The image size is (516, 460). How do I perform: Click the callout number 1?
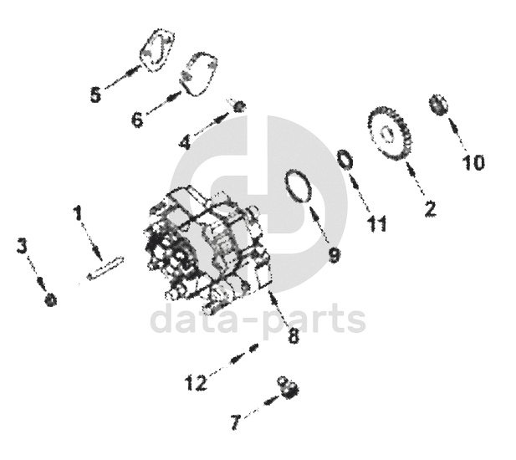[x=79, y=214]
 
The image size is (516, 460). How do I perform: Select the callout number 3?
[x=23, y=246]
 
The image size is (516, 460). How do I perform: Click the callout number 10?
[x=473, y=162]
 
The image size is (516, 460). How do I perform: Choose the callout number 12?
[x=196, y=384]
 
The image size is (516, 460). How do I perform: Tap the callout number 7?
[x=238, y=423]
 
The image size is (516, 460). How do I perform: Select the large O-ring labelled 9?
[x=300, y=187]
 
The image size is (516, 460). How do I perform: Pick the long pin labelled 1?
[x=105, y=267]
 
